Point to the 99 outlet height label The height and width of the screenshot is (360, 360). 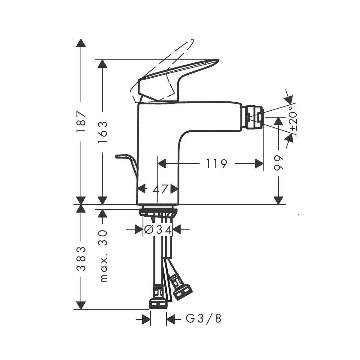click(279, 163)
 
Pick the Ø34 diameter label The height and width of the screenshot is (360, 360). click(158, 230)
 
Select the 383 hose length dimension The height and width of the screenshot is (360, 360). click(80, 259)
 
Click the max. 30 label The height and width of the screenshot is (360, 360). click(103, 256)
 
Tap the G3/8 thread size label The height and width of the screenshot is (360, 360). click(204, 319)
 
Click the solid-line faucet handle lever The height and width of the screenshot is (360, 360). click(177, 75)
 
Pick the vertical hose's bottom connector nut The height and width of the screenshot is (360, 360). click(158, 303)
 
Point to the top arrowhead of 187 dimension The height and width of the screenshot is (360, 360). click(80, 43)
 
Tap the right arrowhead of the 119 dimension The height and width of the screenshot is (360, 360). click(259, 164)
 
